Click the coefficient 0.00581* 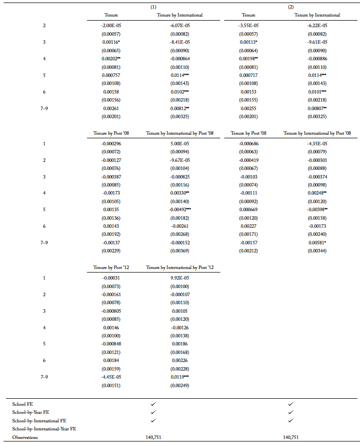click(x=317, y=243)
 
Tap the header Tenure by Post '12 click(x=111, y=267)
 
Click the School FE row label click(x=23, y=404)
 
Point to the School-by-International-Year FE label click(x=44, y=428)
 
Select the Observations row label click(x=25, y=437)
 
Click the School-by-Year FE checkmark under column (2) click(x=290, y=412)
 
